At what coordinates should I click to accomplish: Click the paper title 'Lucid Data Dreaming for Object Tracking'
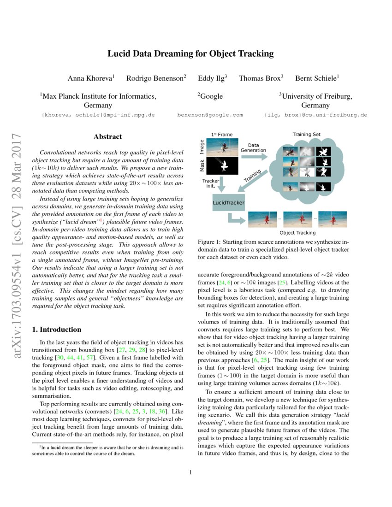pyautogui.click(x=190, y=53)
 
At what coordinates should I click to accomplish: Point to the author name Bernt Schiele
pyautogui.click(x=317, y=78)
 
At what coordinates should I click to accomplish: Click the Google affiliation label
pyautogui.click(x=210, y=96)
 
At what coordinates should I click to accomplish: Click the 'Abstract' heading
pyautogui.click(x=107, y=136)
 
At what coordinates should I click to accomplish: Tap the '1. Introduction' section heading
pyautogui.click(x=58, y=330)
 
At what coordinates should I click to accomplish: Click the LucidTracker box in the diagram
pyautogui.click(x=228, y=202)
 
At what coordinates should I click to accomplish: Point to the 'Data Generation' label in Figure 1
pyautogui.click(x=253, y=147)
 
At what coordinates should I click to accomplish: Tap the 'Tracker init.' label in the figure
pyautogui.click(x=211, y=184)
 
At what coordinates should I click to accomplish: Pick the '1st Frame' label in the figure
pyautogui.click(x=222, y=135)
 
